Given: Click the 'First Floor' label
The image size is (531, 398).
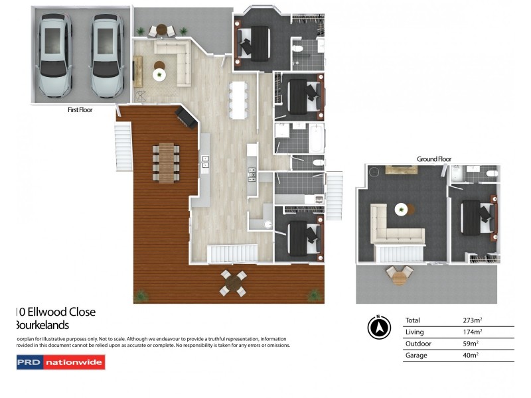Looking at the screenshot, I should pos(80,111).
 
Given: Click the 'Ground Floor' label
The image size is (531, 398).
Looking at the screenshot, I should pos(434,159).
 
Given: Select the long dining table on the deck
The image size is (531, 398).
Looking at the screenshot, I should pos(166,161).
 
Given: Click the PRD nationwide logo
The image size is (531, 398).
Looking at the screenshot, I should pos(60,362).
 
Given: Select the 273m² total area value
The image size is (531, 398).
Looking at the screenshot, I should pos(473,320).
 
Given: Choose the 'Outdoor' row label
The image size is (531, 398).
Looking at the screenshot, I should pos(417,344).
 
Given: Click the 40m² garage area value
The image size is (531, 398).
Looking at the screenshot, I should pos(471,356).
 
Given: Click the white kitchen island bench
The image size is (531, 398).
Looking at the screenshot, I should pos(238,99).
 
